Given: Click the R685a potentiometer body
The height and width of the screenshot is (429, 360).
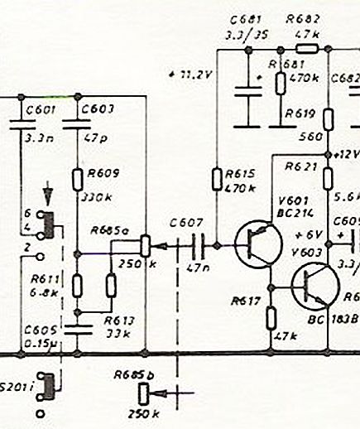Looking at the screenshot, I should [146, 245].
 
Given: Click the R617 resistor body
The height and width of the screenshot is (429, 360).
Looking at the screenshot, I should [271, 315].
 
